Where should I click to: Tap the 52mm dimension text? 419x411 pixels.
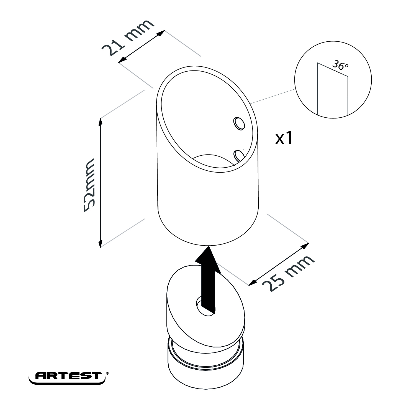click(x=89, y=185)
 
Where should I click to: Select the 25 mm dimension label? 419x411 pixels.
click(x=288, y=273)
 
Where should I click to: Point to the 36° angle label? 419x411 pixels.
click(x=340, y=65)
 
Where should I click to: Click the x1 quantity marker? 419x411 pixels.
click(x=284, y=138)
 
